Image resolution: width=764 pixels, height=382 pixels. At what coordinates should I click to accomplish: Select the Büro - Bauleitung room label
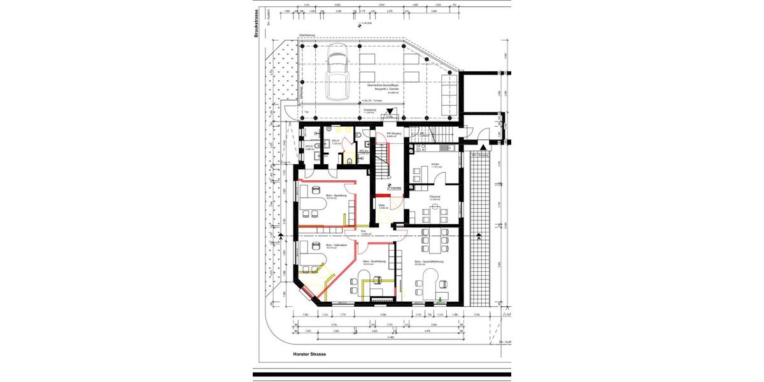(x=336, y=196)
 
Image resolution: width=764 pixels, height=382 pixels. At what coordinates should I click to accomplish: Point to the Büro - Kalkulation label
(x=336, y=245)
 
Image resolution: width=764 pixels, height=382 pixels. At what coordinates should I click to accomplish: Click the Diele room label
(x=381, y=205)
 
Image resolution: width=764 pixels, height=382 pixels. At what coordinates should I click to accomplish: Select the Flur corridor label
(x=364, y=231)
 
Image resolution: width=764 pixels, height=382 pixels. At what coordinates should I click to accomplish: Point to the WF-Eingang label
(x=390, y=133)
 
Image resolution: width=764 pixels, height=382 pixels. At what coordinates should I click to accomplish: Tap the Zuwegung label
(x=369, y=109)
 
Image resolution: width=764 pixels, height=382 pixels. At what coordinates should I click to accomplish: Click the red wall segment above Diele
(x=382, y=195)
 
